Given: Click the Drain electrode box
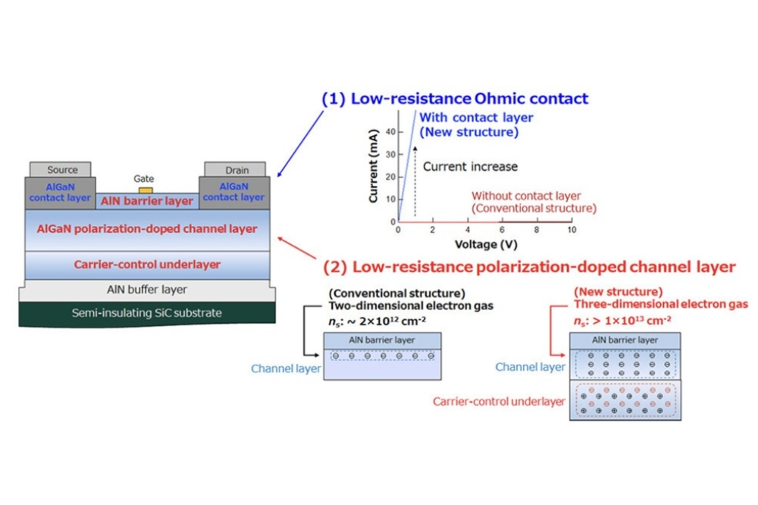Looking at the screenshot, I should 236,170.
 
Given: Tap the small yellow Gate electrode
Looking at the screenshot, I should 146,189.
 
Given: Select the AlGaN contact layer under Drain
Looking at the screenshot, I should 233,191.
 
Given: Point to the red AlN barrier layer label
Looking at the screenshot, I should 147,202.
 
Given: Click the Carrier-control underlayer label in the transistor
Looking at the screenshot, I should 147,265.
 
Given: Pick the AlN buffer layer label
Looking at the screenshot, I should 147,290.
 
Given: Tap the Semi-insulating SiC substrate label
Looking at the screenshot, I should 147,312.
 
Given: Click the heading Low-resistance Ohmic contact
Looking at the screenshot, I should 455,99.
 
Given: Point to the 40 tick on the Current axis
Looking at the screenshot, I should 390,131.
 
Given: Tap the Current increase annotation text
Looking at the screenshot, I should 469,166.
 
